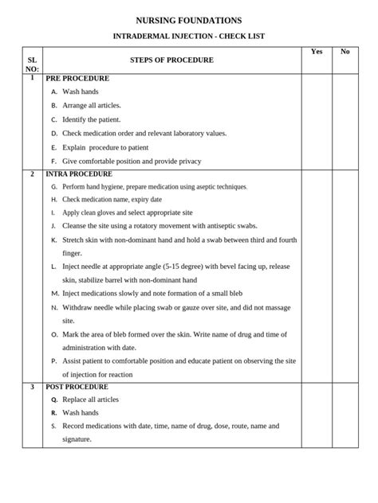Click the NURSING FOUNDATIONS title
[x=189, y=19]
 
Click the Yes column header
[x=317, y=51]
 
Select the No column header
[x=345, y=51]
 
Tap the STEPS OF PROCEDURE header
[x=171, y=60]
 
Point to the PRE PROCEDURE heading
[x=77, y=79]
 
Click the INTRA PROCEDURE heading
[x=79, y=174]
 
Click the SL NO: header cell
[x=32, y=64]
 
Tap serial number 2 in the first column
[x=32, y=174]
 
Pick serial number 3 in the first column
[x=32, y=387]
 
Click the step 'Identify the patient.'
[x=91, y=119]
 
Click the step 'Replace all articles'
[x=90, y=400]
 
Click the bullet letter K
[x=53, y=239]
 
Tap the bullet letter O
[x=53, y=334]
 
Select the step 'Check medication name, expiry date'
[x=112, y=199]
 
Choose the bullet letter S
[x=53, y=426]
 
